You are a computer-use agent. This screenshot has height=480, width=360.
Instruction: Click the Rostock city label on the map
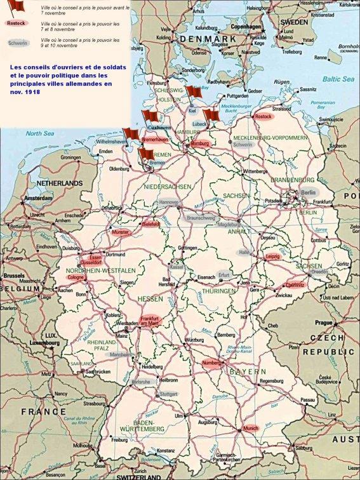pos(263,117)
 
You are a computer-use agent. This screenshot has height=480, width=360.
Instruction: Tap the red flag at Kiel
pos(193,94)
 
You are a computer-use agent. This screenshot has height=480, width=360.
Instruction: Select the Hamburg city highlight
pos(200,144)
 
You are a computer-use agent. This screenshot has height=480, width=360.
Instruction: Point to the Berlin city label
pos(308,192)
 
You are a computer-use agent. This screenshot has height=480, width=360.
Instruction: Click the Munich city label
pos(250,429)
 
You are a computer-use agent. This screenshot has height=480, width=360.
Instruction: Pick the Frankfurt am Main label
pos(150,321)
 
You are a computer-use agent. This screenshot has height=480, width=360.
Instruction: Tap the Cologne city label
pos(76,277)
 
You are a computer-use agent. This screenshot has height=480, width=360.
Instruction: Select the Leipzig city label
pos(272,257)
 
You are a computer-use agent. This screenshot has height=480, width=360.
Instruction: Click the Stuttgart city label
pos(169,394)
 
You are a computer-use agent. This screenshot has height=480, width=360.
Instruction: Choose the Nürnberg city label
pos(211,363)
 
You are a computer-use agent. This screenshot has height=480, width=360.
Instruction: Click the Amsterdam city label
pos(37,198)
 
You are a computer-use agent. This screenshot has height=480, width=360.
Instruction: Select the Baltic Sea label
pos(337,79)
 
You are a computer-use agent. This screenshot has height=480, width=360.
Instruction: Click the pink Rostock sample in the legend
pos(17,23)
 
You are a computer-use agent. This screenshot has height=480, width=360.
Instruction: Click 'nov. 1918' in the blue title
pos(23,91)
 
